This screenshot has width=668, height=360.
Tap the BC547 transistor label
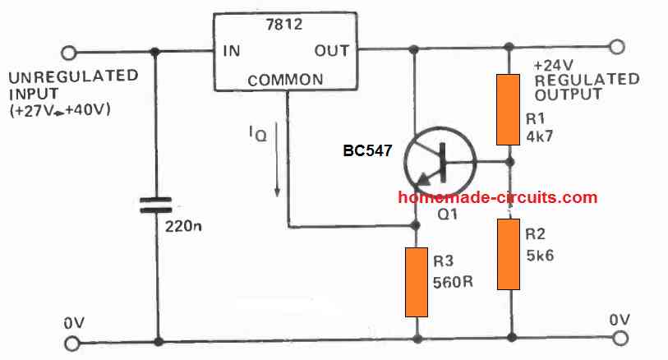coord(367,151)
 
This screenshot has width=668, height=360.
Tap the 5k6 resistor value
coord(541,256)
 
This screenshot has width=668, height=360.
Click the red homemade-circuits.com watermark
coord(497,197)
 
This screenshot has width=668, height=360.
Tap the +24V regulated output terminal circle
coord(617,46)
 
